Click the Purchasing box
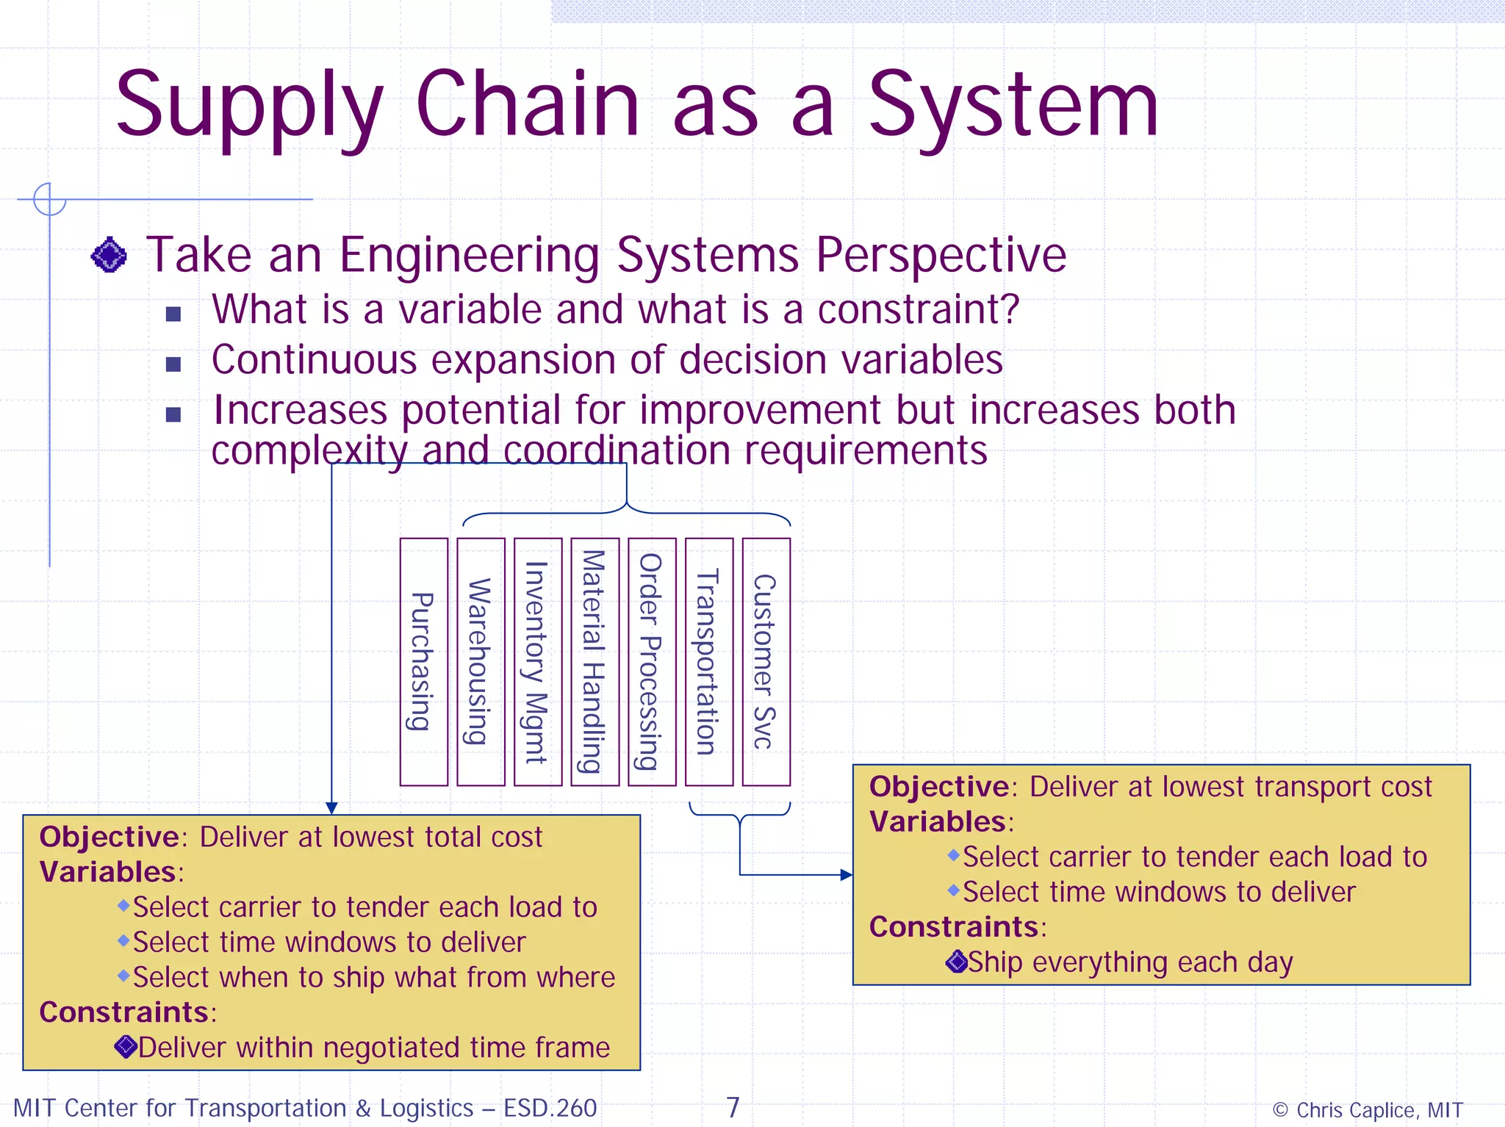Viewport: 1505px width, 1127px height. (x=423, y=662)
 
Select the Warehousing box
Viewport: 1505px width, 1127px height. (x=481, y=662)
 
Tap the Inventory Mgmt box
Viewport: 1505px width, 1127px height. (x=538, y=662)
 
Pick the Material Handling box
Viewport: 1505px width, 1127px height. (x=595, y=662)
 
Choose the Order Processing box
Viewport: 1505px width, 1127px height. (x=652, y=662)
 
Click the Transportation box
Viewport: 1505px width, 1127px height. (x=708, y=662)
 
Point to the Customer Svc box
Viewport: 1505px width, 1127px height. (x=766, y=662)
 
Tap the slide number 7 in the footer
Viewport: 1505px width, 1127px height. (x=733, y=1106)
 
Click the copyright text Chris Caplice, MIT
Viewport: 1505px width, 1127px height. (x=1368, y=1109)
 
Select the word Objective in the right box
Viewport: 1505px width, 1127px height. (x=938, y=787)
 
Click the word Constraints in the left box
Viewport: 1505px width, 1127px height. (x=123, y=1012)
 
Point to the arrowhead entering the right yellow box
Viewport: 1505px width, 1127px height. (x=847, y=875)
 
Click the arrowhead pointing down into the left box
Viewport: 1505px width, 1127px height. (x=331, y=808)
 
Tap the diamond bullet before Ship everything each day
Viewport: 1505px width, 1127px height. (x=956, y=962)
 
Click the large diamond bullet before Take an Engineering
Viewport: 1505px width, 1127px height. (x=109, y=256)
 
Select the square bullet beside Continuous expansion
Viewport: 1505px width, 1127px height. (x=173, y=364)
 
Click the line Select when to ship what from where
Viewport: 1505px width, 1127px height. (x=373, y=978)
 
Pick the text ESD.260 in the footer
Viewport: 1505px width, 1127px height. (x=550, y=1108)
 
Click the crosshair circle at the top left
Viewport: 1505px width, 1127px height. (x=49, y=199)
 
